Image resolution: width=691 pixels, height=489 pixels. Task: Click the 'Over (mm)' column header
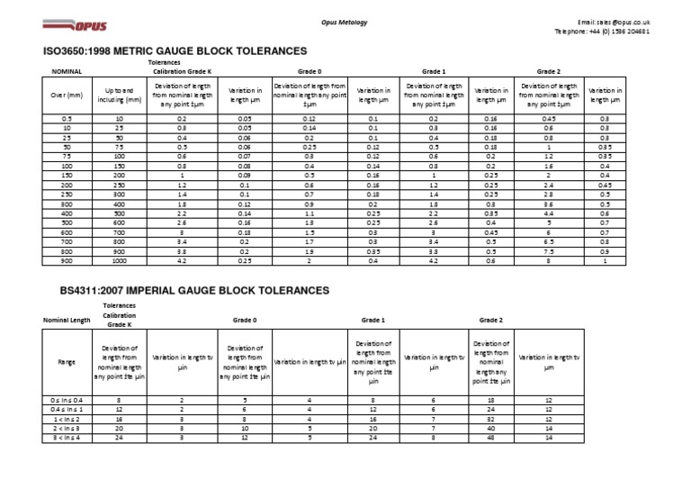(67, 95)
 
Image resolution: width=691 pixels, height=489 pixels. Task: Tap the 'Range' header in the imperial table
(67, 362)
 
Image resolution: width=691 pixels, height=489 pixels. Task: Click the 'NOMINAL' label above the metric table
(67, 70)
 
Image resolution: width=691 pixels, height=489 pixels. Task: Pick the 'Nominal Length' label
(67, 320)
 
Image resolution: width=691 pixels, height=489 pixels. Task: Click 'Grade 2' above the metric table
(549, 70)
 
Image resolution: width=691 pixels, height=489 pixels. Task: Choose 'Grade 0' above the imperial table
(244, 320)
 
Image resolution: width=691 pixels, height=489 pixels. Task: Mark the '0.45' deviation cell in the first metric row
(549, 118)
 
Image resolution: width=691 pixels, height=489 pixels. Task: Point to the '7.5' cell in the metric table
(549, 251)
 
